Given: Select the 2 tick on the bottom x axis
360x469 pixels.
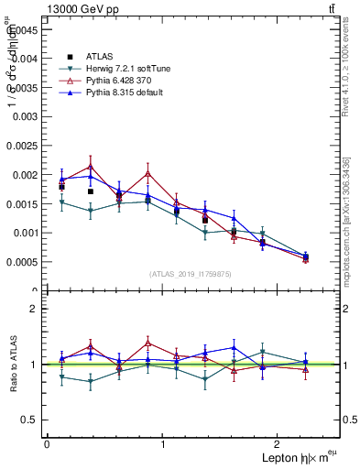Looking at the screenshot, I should (x=280, y=443).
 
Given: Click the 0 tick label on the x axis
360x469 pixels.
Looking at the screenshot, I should (x=47, y=443).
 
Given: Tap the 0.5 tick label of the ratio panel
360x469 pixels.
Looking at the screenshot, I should (x=28, y=420).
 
